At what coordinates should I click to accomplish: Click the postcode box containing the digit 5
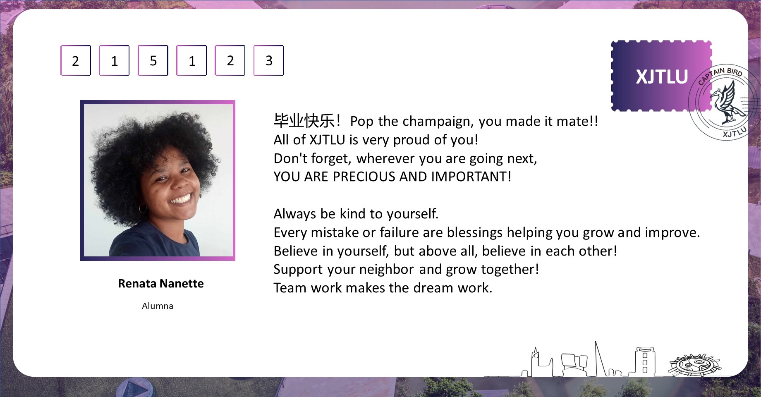(x=153, y=60)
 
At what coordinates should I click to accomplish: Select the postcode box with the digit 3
(x=268, y=60)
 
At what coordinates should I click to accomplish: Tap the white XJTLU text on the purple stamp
(x=662, y=77)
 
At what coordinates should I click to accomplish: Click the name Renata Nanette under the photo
(x=161, y=283)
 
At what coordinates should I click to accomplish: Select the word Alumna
(x=158, y=306)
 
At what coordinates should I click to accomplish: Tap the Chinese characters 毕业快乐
(x=304, y=121)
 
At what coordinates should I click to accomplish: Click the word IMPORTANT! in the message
(x=471, y=177)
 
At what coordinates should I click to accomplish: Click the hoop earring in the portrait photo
(x=143, y=208)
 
